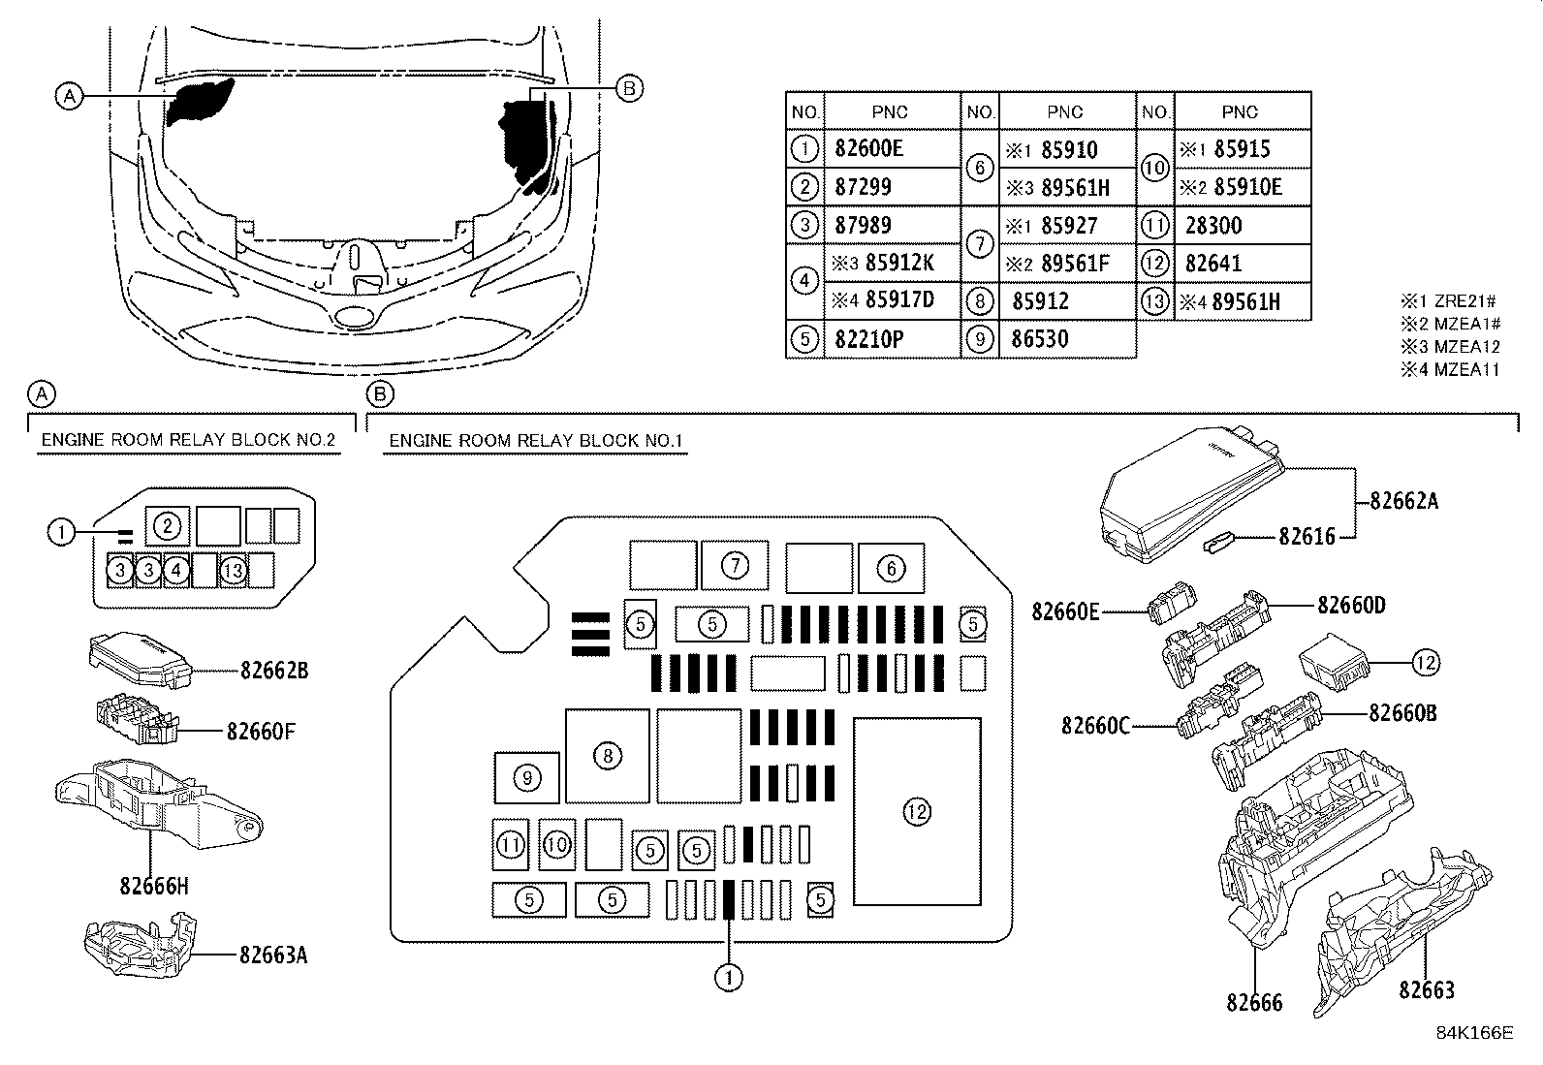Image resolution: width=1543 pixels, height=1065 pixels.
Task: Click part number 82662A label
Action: point(1404,501)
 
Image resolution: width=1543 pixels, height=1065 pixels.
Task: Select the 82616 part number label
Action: point(1307,536)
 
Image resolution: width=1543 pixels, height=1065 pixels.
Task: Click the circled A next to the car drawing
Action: point(68,96)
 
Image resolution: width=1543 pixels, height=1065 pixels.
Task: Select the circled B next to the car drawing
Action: point(628,89)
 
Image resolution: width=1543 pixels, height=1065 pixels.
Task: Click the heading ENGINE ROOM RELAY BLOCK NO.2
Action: point(188,440)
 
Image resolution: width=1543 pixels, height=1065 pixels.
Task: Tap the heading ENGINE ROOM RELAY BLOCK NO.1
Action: point(536,441)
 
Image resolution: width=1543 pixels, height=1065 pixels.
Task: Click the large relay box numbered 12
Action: point(916,812)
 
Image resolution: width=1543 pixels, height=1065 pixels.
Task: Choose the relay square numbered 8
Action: point(607,756)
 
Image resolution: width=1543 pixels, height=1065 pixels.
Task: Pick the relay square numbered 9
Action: point(526,777)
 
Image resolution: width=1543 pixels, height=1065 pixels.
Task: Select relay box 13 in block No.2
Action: point(233,571)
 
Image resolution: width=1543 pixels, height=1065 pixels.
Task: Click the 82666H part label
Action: point(154,886)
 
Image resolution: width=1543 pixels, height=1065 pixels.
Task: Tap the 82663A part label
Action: point(273,955)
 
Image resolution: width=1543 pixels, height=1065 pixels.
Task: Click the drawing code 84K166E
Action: point(1474,1032)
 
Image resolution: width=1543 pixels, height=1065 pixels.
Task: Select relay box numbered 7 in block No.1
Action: point(735,565)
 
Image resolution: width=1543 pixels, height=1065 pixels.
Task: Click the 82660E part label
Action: point(1065,611)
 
